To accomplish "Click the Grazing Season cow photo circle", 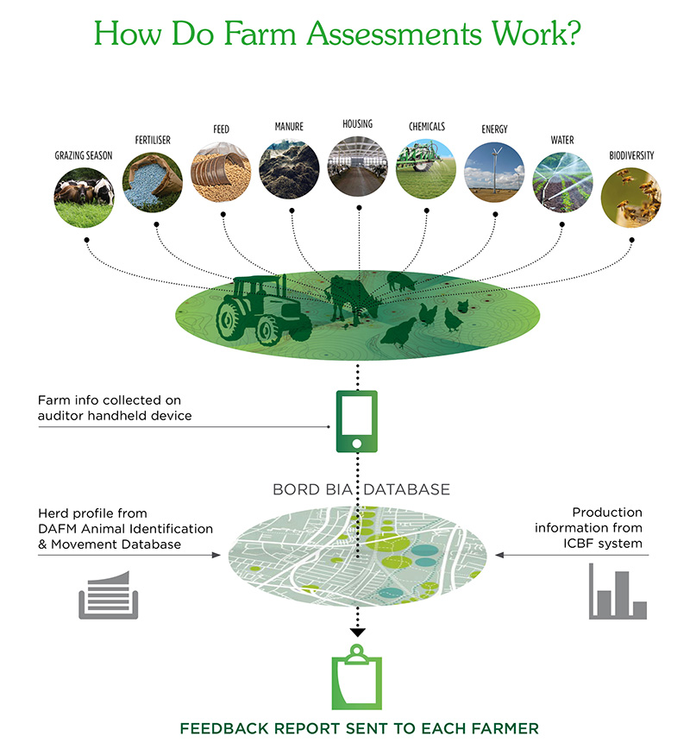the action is (x=85, y=197).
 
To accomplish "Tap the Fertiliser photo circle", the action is (x=153, y=182).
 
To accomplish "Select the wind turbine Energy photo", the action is (x=494, y=172).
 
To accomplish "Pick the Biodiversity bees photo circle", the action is (x=630, y=197).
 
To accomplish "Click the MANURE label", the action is (x=289, y=127).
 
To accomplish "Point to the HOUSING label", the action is (x=358, y=123).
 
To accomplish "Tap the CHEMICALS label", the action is (x=427, y=127).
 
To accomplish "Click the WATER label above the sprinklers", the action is (x=562, y=140).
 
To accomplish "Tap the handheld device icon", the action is (x=356, y=421).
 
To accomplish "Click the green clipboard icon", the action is (x=356, y=677).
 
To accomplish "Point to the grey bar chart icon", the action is (x=618, y=591).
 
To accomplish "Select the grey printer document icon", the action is (x=109, y=595).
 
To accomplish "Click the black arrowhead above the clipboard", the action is (x=358, y=632).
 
